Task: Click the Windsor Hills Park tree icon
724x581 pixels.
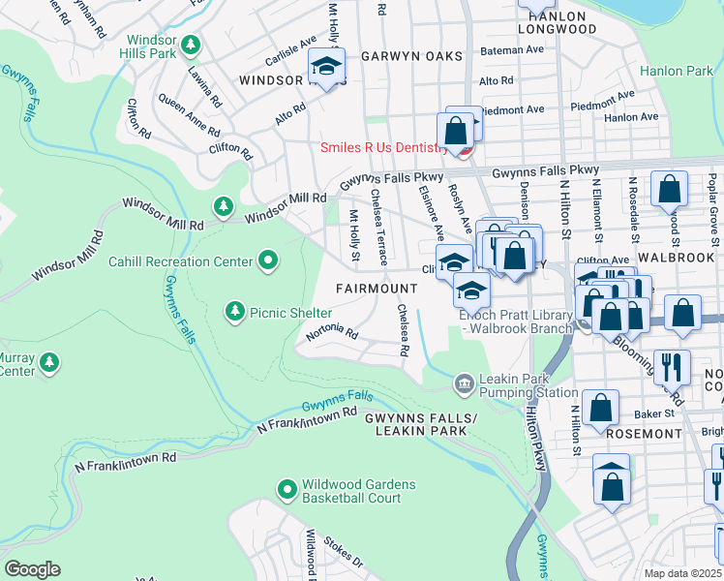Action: (192, 45)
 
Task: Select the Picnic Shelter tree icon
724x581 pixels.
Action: (234, 311)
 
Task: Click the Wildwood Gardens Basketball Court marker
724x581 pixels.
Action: (287, 491)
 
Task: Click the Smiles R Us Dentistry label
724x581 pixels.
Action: (384, 148)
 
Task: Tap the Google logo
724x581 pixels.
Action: (32, 569)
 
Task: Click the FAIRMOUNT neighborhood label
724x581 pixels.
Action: (377, 289)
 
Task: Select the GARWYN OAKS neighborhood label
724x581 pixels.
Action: (411, 56)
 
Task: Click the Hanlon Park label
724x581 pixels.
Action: (676, 71)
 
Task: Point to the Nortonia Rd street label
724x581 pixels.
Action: (332, 334)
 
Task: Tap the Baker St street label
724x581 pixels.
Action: (640, 413)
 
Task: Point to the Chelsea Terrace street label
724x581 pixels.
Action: (380, 239)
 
